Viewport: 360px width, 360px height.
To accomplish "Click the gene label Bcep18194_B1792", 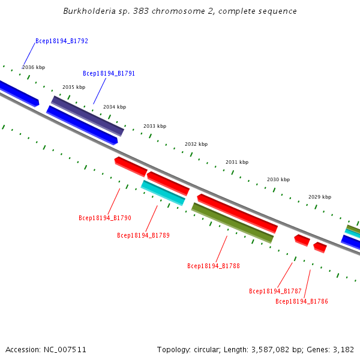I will point(62,41).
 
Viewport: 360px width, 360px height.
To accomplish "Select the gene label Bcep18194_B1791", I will point(109,74).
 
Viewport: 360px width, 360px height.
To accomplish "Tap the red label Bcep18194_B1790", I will point(104,218).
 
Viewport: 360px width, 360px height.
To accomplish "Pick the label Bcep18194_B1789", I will point(143,236).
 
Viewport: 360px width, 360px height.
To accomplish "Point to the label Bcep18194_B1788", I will point(213,266).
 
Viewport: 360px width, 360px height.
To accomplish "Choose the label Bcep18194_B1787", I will point(275,292).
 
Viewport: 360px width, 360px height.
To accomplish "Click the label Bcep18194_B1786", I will point(301,302).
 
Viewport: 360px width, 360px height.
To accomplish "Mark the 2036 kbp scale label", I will point(34,68).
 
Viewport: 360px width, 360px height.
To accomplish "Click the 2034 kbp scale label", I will point(115,107).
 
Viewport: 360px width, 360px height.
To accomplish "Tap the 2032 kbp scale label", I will point(196,145).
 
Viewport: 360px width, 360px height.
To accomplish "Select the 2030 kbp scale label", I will point(278,180).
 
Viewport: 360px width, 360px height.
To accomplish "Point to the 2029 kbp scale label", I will point(320,197).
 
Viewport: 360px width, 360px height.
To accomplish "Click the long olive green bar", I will point(232,223).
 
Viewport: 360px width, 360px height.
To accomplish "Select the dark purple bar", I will point(88,116).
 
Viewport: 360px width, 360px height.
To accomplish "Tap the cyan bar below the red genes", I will point(163,193).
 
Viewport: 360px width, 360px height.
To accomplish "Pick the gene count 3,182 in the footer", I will point(343,349).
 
